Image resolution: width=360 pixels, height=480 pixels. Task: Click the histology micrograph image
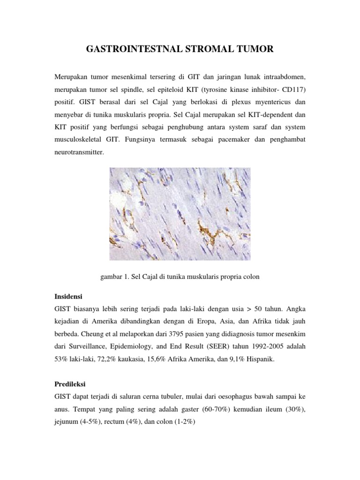(x=180, y=214)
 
